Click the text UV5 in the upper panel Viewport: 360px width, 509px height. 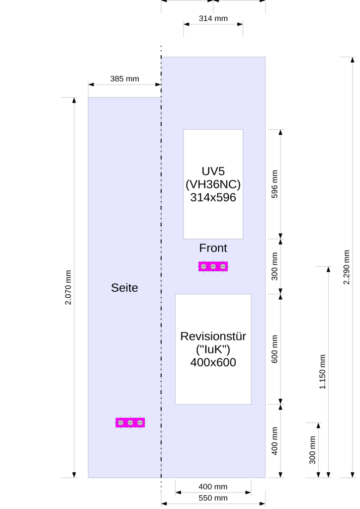[x=213, y=171]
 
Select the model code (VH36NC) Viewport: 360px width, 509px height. [x=213, y=184]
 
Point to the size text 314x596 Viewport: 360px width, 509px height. [x=213, y=197]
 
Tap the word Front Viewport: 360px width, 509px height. [x=213, y=248]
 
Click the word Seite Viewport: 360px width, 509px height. [x=124, y=288]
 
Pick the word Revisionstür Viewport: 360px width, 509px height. [x=213, y=337]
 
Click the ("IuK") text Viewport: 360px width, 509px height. [x=213, y=349]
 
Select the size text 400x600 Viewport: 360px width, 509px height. [x=213, y=362]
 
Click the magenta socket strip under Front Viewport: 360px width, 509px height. [x=213, y=266]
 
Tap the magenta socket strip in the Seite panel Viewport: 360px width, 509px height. [x=130, y=423]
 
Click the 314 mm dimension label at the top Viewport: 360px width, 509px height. [x=213, y=19]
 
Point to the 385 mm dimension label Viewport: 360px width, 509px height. [x=124, y=79]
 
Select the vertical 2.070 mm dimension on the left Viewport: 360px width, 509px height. [x=69, y=288]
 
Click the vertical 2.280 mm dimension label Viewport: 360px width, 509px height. [x=346, y=267]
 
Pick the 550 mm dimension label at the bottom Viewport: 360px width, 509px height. [x=213, y=498]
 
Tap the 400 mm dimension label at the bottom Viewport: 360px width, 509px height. [x=213, y=487]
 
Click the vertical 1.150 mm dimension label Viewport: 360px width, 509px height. [x=322, y=372]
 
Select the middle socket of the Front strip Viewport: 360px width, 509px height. [x=213, y=266]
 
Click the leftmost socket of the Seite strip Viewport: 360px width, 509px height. [x=120, y=423]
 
